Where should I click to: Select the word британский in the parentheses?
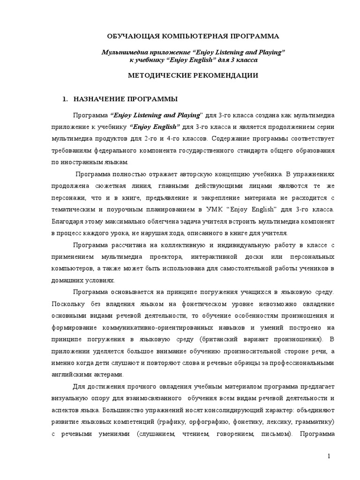click(216, 339)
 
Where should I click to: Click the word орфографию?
click(208, 421)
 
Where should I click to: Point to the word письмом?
click(272, 434)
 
